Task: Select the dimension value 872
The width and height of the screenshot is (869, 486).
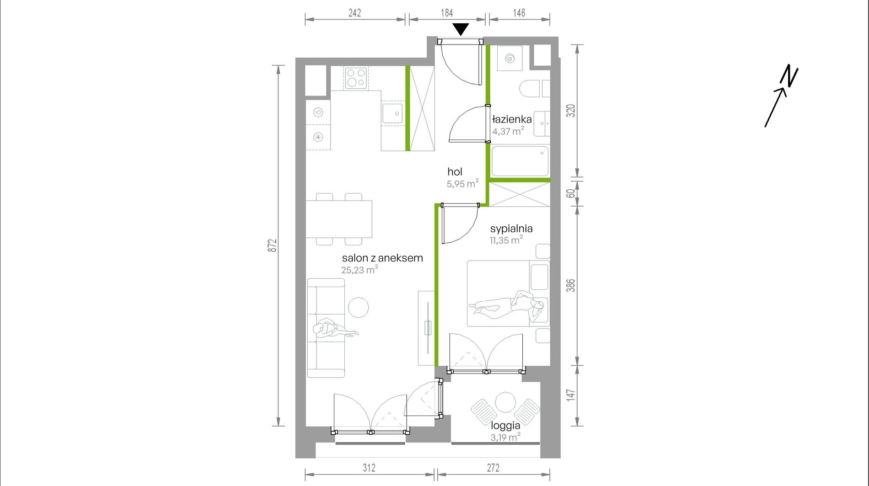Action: [272, 246]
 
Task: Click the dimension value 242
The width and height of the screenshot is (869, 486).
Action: [354, 13]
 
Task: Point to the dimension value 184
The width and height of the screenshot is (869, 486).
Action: [447, 13]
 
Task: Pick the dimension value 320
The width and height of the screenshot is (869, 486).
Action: [571, 111]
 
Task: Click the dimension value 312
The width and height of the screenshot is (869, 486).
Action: [369, 468]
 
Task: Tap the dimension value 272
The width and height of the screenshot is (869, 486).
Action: [493, 468]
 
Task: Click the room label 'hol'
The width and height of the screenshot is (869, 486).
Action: [455, 172]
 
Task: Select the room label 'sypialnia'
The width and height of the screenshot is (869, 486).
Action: [511, 229]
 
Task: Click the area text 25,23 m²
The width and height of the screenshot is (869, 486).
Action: [359, 270]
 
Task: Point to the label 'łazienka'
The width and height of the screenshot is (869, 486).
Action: [512, 119]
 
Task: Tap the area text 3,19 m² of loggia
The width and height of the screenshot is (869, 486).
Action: [505, 437]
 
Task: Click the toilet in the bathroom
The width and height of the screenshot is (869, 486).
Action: [531, 89]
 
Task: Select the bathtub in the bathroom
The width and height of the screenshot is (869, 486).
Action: [520, 160]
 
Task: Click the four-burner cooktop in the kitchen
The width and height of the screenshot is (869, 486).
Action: [356, 78]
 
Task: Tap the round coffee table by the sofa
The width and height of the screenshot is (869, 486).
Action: [358, 308]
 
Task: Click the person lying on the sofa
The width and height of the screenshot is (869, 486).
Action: [335, 329]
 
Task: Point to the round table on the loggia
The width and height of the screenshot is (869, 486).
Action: [505, 402]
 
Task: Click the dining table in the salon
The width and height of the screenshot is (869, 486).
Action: [339, 219]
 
